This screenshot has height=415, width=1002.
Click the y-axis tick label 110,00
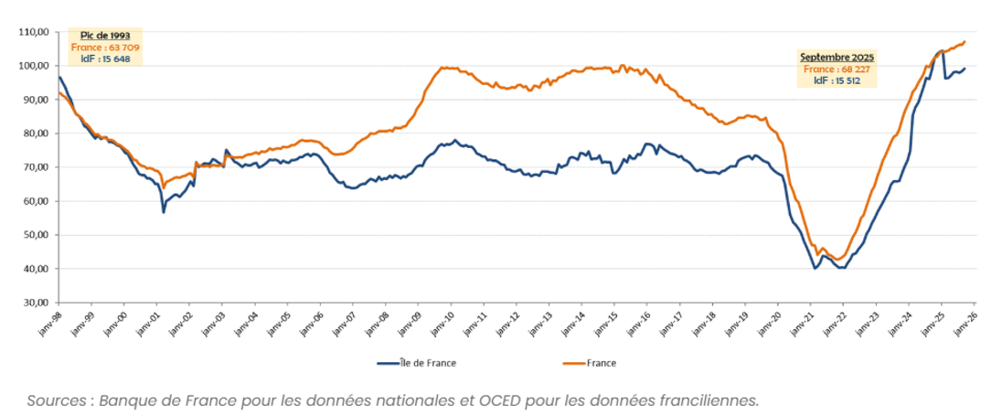click(x=35, y=32)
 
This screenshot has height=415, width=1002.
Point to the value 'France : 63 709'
click(x=104, y=47)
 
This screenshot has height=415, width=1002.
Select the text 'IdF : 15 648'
click(x=104, y=59)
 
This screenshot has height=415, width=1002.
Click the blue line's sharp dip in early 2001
click(x=164, y=212)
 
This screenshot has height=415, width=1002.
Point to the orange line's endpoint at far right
click(x=965, y=41)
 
